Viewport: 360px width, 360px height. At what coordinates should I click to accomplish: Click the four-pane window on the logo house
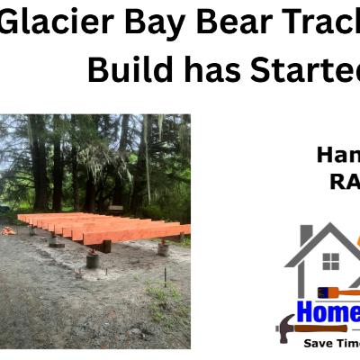tap(331, 261)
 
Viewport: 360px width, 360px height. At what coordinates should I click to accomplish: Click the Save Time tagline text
tap(329, 343)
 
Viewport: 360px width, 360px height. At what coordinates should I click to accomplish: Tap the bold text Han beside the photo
tap(337, 155)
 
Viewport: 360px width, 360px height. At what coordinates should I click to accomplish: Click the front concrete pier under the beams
tap(93, 260)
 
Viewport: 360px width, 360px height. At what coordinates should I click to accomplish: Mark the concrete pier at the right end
tap(163, 248)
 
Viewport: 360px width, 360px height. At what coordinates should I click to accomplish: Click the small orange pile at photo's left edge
tap(8, 230)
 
